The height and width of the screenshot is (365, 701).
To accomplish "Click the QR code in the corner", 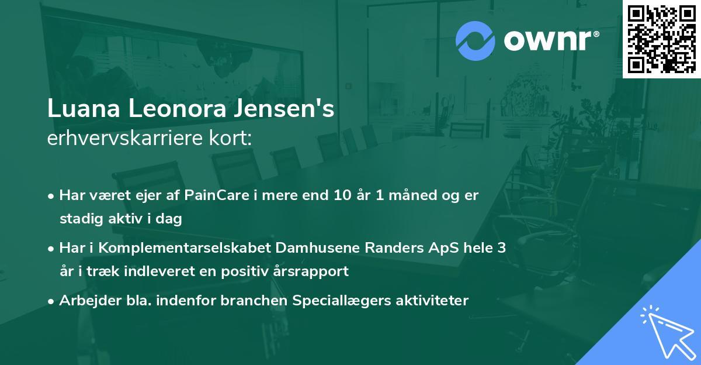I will pos(661,39).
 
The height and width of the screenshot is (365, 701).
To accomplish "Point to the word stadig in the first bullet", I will pos(79,219).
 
